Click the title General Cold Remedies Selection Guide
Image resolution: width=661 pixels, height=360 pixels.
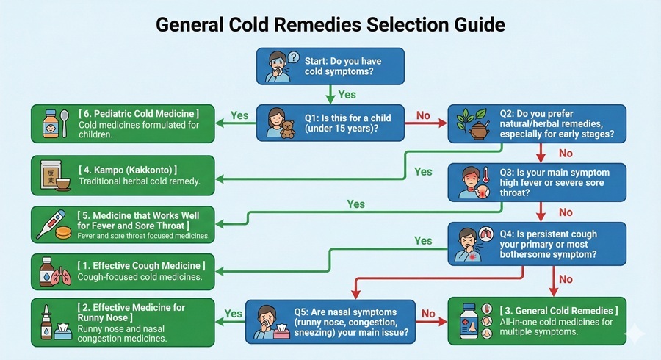[x=330, y=24]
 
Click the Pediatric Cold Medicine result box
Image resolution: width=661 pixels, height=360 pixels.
[x=123, y=123]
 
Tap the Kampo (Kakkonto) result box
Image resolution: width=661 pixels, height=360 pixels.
[x=123, y=175]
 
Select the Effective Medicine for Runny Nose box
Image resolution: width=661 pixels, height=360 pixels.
[x=123, y=321]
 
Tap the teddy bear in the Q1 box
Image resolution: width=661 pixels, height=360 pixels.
[x=287, y=129]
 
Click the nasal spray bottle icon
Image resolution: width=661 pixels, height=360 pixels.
[x=45, y=322]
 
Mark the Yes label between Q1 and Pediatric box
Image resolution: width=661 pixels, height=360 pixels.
[x=239, y=115]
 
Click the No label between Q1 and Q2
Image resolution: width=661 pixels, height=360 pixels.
[x=423, y=115]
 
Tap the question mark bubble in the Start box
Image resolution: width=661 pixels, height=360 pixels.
[x=294, y=57]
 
